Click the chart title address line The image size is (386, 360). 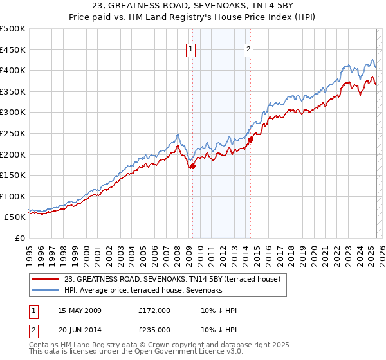point(193,6)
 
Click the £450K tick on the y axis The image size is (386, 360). point(13,50)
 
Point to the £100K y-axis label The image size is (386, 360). point(13,196)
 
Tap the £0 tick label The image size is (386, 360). point(19,238)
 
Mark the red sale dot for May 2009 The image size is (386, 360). point(192,166)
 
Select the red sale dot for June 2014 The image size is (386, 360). point(250,139)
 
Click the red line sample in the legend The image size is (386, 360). point(46,280)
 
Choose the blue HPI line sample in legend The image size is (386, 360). point(46,291)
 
